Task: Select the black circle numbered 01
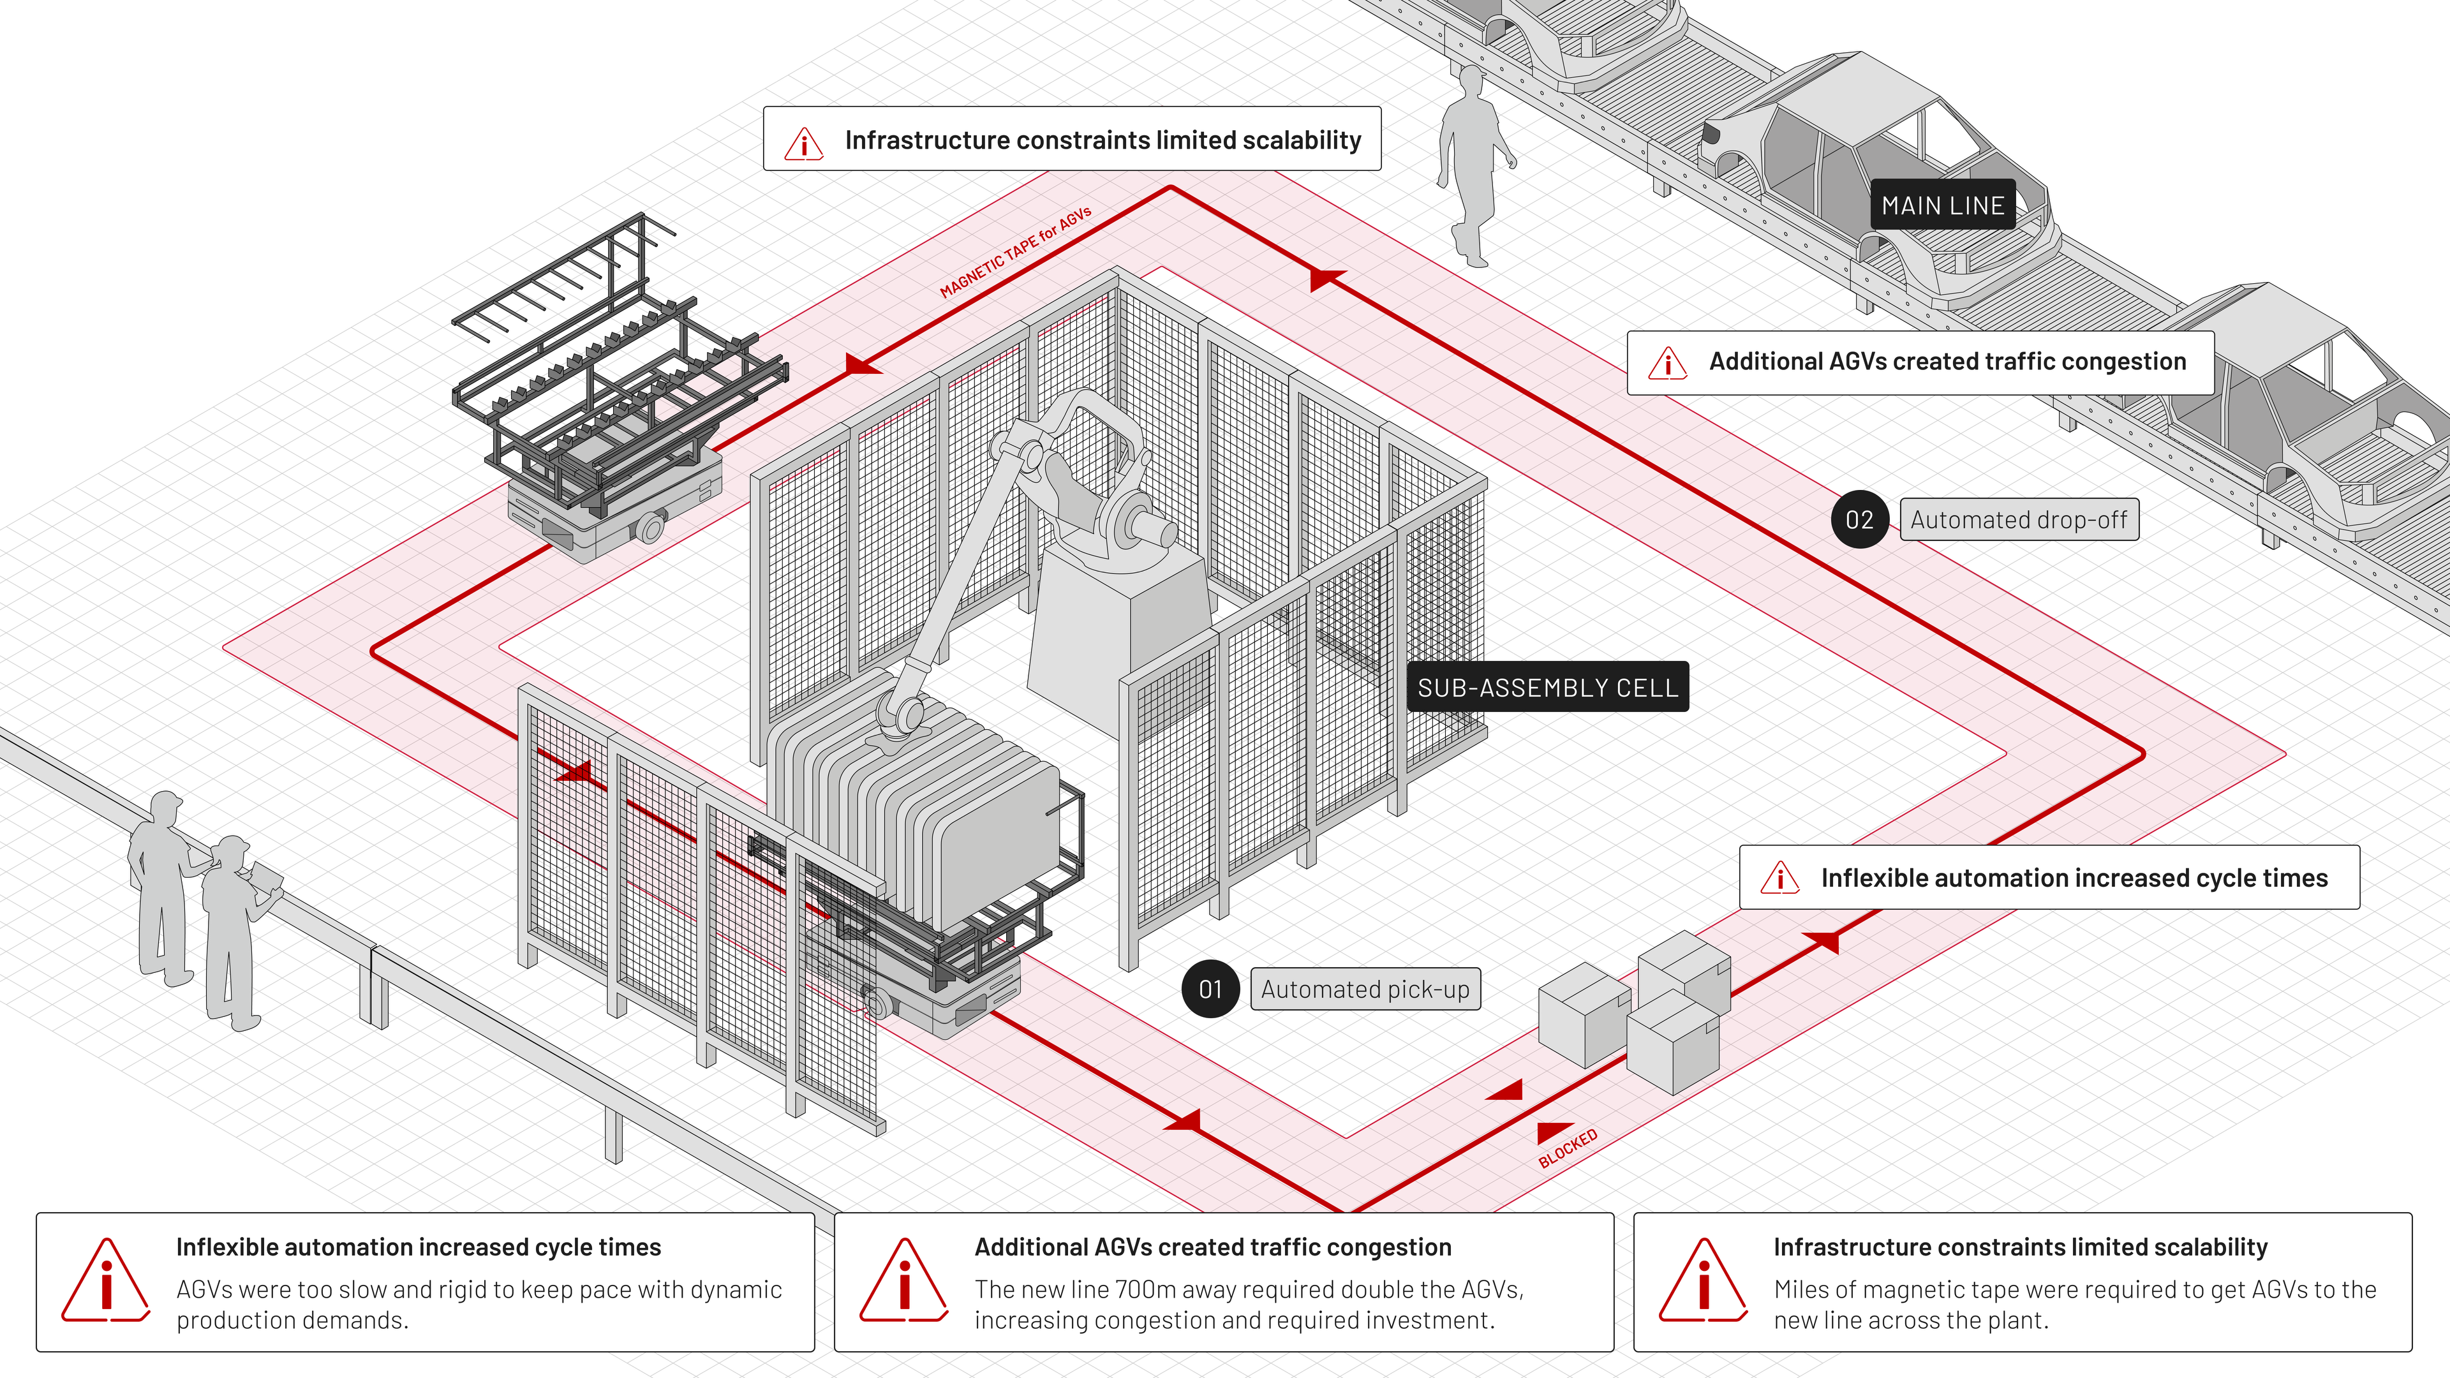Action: [1210, 989]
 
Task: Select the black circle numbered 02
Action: [1859, 519]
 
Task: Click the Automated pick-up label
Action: [1365, 989]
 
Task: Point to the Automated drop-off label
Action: [2019, 519]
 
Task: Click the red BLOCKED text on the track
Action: [1568, 1148]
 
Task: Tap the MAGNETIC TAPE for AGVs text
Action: [1015, 252]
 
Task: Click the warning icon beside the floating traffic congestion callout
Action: [1668, 362]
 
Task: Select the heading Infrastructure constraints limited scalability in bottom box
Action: [2020, 1247]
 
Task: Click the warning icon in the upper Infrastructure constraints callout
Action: [804, 143]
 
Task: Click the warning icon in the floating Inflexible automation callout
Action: [1779, 878]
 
